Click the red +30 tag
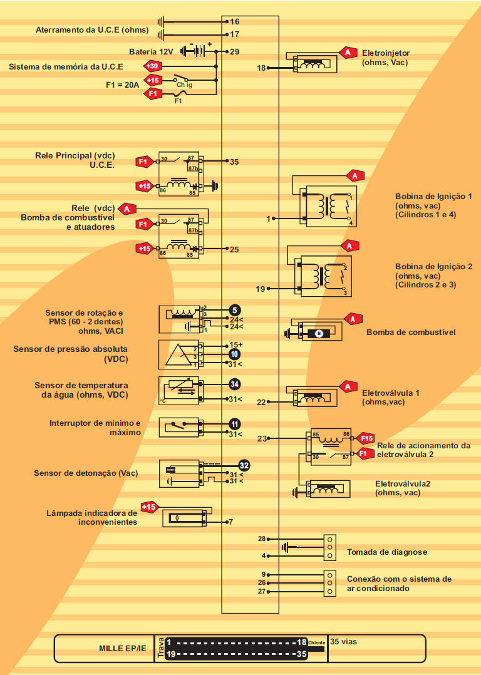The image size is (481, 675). [153, 66]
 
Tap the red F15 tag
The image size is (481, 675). [366, 438]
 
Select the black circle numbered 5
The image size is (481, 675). [234, 309]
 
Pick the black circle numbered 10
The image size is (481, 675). [234, 354]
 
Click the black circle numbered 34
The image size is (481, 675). [234, 384]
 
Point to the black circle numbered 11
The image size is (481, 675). [234, 424]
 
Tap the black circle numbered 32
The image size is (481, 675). [244, 465]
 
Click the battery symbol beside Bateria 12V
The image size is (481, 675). [195, 51]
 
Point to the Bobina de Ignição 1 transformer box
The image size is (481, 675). [327, 207]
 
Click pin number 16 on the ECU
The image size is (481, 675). [235, 21]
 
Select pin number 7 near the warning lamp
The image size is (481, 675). [230, 522]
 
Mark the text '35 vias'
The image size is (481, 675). [344, 641]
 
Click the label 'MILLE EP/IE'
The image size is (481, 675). [123, 649]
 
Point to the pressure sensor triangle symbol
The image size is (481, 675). [178, 354]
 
